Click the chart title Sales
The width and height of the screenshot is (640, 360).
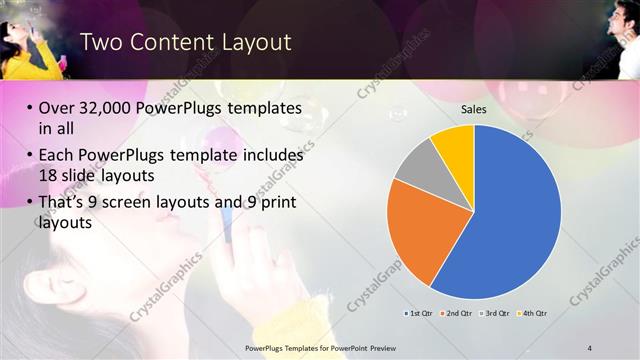pos(473,110)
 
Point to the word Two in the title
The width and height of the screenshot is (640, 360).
pos(99,42)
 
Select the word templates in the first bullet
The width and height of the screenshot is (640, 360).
pos(264,109)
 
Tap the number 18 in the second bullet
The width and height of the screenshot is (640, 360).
pos(47,175)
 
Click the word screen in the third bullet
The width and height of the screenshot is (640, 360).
pos(123,203)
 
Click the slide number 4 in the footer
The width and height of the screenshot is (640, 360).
pos(590,347)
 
